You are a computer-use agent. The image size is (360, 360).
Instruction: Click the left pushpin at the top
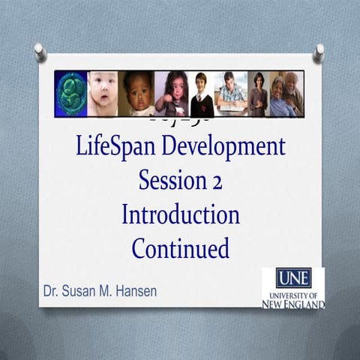click(x=40, y=52)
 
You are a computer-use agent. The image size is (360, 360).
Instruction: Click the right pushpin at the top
click(x=319, y=52)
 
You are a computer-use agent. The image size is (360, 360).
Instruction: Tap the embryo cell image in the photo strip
click(x=71, y=94)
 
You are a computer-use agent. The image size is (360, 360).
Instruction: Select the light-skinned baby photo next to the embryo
click(x=103, y=94)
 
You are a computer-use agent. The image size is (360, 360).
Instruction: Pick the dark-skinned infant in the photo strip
click(x=137, y=94)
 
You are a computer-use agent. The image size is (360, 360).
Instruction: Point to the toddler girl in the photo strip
click(x=171, y=94)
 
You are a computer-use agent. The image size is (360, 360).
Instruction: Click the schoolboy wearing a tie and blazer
click(x=201, y=94)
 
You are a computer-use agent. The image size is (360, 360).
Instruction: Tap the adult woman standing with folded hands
click(x=259, y=94)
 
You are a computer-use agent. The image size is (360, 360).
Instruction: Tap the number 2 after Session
click(x=215, y=181)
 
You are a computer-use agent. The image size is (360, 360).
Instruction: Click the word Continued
click(x=180, y=248)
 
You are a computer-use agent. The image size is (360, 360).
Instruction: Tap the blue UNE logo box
click(x=293, y=278)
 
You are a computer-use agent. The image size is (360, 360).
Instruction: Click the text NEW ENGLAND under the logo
click(x=293, y=304)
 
